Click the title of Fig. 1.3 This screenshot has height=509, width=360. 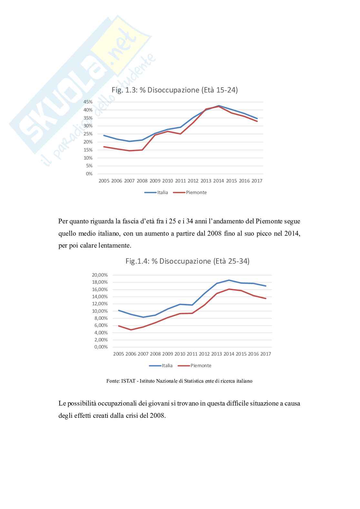(175, 90)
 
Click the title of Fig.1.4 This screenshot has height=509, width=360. (187, 261)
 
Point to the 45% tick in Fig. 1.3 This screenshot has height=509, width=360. (88, 102)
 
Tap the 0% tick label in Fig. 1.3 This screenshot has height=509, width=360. (89, 174)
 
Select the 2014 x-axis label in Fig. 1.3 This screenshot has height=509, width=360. (218, 181)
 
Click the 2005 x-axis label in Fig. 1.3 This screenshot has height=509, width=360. (104, 181)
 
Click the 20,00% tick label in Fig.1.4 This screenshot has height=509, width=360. (100, 275)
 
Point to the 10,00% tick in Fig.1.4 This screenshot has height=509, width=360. (100, 311)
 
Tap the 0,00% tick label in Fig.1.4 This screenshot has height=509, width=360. (101, 347)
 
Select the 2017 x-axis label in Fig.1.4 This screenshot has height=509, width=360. (265, 354)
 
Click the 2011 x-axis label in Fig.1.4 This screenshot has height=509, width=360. (192, 354)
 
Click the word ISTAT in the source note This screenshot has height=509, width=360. (128, 381)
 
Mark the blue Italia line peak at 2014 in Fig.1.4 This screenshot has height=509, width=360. (229, 280)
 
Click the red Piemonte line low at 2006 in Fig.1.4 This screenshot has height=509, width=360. (131, 330)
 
